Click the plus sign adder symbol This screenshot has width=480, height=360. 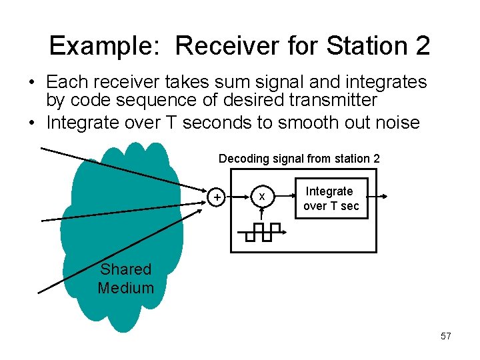click(x=217, y=197)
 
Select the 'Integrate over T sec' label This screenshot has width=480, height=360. click(x=331, y=199)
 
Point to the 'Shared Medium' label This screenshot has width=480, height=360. click(x=125, y=279)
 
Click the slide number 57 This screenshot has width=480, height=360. click(x=446, y=336)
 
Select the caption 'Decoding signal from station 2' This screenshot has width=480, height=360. click(x=299, y=159)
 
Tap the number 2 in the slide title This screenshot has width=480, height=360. click(x=422, y=46)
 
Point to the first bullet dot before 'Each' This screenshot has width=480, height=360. click(x=32, y=83)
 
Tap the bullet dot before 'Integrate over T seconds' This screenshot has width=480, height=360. click(x=32, y=123)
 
